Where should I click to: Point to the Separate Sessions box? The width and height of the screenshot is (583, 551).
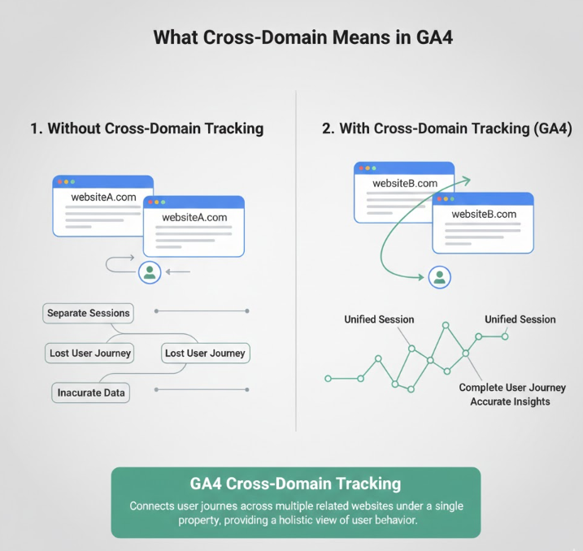click(x=89, y=313)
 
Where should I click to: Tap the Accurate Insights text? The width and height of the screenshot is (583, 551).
click(x=510, y=401)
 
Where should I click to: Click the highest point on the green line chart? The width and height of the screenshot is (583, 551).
click(x=446, y=325)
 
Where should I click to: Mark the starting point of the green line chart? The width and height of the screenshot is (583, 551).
click(x=328, y=379)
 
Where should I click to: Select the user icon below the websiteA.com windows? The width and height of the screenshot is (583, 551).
click(x=149, y=272)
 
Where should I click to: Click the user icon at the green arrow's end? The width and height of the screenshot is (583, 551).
click(x=440, y=278)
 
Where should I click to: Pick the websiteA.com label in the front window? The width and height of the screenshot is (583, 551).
click(x=194, y=217)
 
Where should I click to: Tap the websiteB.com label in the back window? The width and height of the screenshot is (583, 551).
click(x=405, y=184)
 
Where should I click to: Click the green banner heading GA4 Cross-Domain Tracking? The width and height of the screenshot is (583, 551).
click(x=295, y=484)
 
